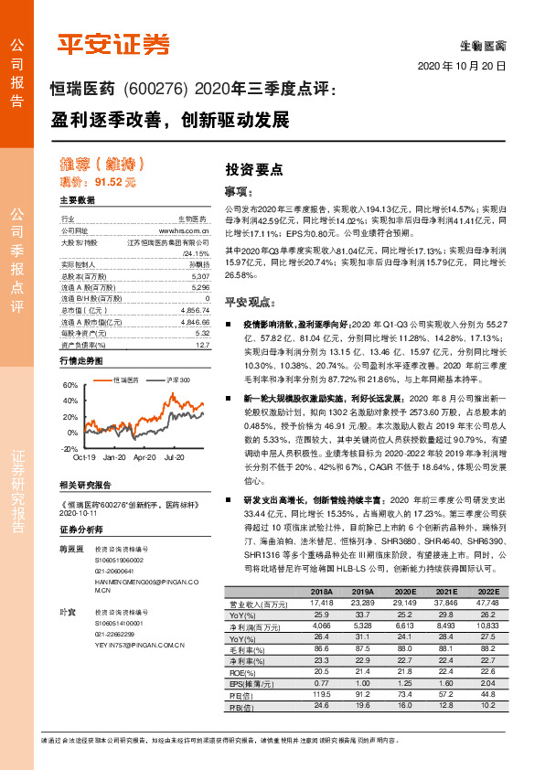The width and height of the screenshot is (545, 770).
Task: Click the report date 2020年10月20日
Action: tap(462, 67)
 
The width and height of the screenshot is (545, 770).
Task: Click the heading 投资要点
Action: tap(253, 169)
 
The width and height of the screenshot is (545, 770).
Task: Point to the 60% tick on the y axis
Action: tap(70, 386)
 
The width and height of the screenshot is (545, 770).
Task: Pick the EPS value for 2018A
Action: tap(320, 682)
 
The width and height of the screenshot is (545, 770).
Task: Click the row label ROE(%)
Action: tap(242, 671)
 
